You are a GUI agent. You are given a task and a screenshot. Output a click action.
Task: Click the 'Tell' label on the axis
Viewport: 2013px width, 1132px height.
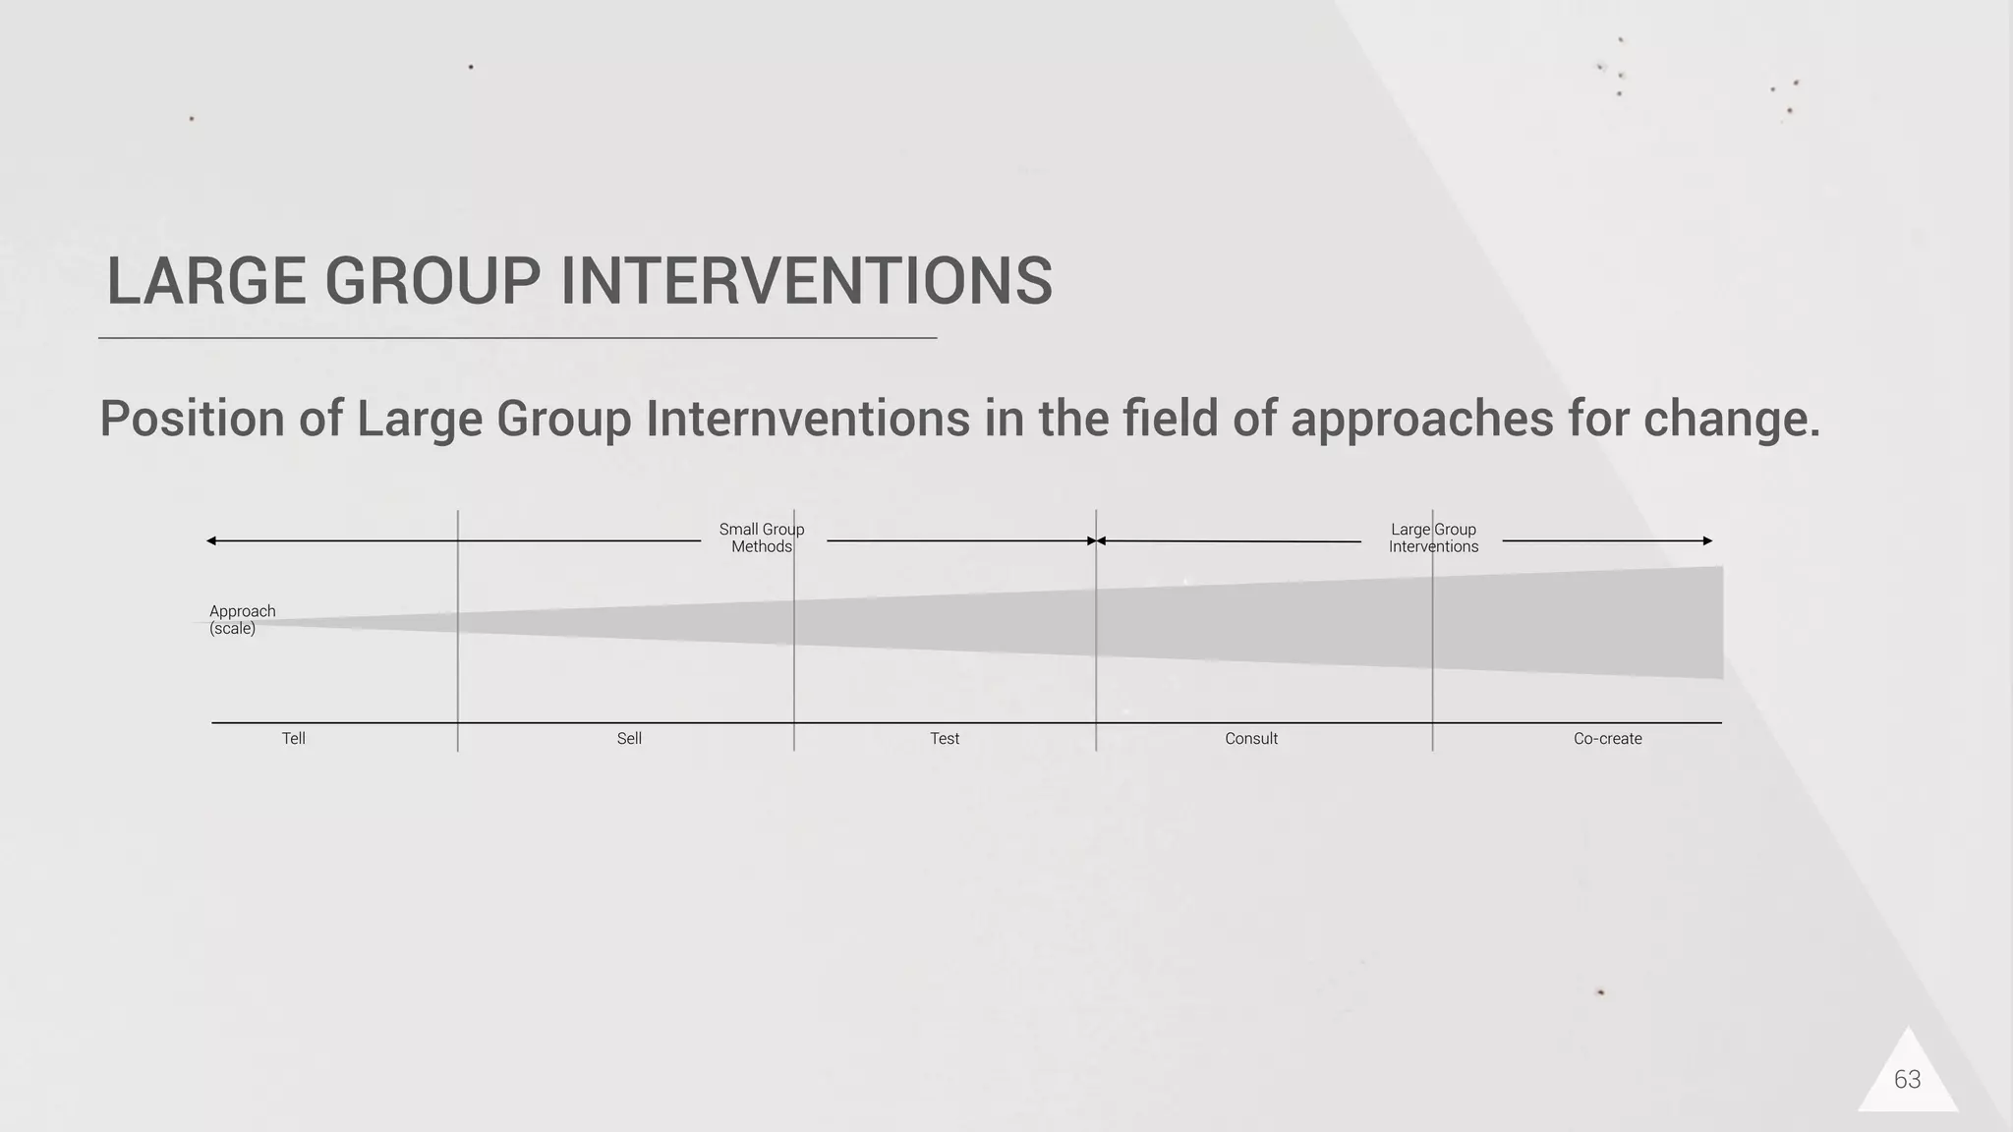[x=293, y=739]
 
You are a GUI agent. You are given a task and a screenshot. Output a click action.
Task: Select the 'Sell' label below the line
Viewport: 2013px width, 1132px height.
[x=629, y=739]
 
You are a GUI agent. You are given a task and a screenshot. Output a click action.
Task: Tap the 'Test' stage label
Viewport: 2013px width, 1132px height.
[x=945, y=739]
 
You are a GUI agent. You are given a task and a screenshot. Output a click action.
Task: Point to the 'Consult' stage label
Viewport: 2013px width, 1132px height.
[x=1251, y=739]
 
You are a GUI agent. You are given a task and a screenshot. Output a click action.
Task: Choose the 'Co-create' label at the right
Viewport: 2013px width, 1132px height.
[x=1607, y=739]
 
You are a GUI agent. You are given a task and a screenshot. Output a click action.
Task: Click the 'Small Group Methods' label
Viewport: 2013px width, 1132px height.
[x=762, y=538]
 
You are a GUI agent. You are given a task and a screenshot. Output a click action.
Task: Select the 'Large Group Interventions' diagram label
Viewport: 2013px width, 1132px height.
[x=1433, y=538]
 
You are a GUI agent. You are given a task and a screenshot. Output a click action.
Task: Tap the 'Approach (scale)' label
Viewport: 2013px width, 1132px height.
[x=242, y=620]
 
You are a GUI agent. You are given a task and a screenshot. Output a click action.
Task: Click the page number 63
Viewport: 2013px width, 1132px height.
[x=1907, y=1080]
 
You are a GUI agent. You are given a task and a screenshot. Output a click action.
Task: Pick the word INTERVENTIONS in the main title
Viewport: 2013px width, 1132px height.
[x=806, y=282]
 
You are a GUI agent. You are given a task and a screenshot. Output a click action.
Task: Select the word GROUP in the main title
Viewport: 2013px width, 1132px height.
[x=432, y=282]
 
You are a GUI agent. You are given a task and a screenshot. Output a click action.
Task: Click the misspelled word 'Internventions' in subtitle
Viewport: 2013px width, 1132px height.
[x=808, y=420]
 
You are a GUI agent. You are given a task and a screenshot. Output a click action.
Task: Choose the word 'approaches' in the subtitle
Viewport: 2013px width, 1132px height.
[x=1421, y=420]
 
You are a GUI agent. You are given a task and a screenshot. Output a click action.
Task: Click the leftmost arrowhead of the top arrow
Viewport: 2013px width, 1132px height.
[x=211, y=540]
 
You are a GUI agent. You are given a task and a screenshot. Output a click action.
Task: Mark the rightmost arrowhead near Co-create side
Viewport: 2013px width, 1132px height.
[x=1707, y=540]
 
